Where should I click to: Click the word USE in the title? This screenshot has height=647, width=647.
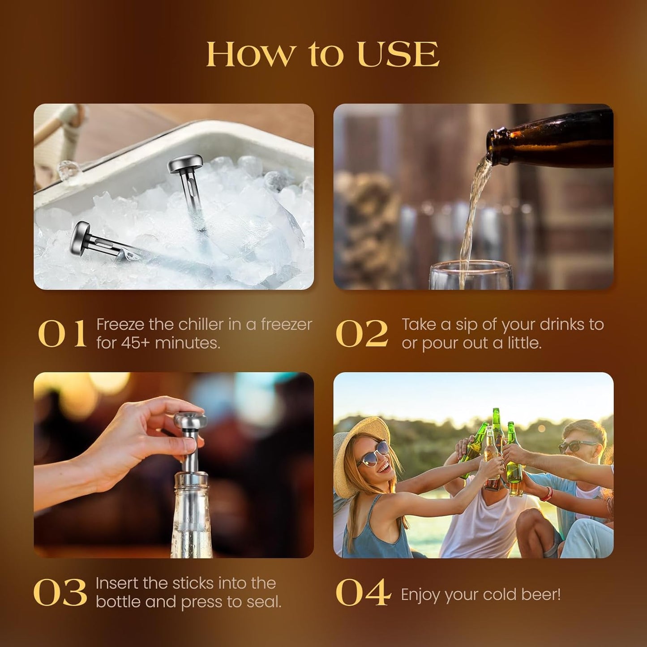click(398, 55)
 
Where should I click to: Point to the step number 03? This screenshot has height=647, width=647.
click(60, 593)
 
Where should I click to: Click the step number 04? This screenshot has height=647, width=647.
click(363, 593)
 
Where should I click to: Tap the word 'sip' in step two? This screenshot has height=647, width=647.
click(467, 325)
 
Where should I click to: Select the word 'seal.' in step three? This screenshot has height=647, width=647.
click(263, 602)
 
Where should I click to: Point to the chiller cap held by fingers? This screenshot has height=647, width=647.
click(191, 420)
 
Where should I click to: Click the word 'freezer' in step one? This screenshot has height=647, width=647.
click(286, 325)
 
